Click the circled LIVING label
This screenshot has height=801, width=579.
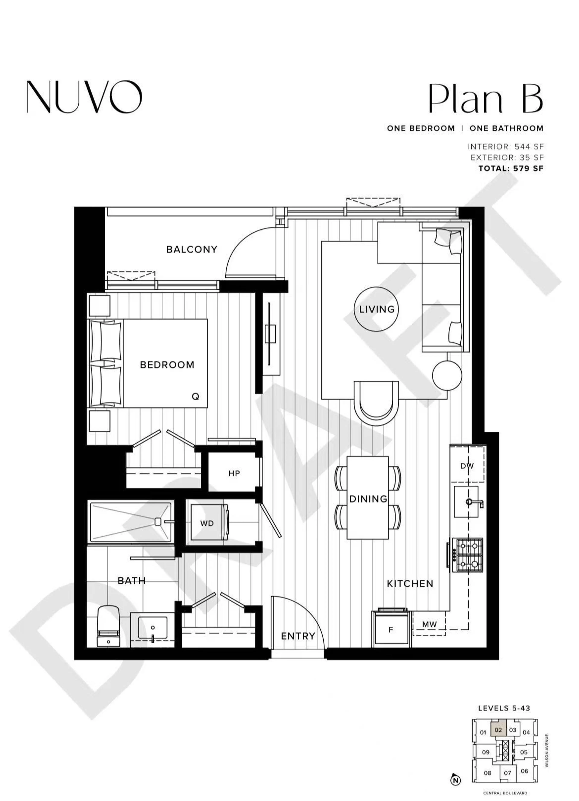tap(377, 309)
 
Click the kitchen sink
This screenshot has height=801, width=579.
tap(466, 502)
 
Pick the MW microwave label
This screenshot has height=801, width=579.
tap(429, 624)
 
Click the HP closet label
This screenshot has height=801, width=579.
tap(234, 473)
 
